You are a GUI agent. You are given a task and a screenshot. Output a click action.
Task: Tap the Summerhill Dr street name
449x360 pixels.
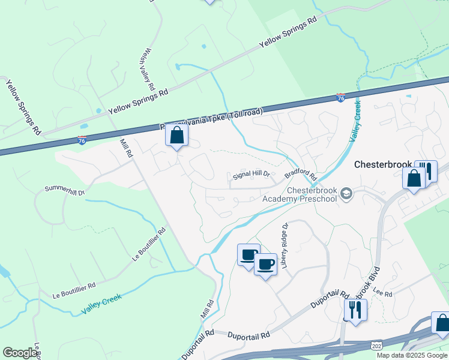(x=65, y=191)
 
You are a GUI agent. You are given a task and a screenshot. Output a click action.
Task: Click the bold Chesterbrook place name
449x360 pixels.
(x=382, y=164)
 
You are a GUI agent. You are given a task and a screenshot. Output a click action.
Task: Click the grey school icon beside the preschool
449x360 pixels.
(x=346, y=193)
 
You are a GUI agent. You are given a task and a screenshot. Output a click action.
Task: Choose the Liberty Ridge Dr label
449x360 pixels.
(x=285, y=245)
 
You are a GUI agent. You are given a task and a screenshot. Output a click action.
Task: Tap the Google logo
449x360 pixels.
(x=20, y=353)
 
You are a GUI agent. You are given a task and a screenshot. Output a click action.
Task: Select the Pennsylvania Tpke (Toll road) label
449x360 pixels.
(x=211, y=119)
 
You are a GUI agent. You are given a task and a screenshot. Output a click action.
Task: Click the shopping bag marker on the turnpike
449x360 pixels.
(x=177, y=136)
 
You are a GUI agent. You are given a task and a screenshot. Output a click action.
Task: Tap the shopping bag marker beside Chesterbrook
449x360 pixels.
(x=414, y=178)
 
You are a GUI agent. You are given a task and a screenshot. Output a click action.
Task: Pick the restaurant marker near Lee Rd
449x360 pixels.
(x=355, y=310)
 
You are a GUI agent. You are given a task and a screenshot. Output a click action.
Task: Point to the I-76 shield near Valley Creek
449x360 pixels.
(x=340, y=98)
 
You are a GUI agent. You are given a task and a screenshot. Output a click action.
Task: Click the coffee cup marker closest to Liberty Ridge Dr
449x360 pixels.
(x=265, y=264)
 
